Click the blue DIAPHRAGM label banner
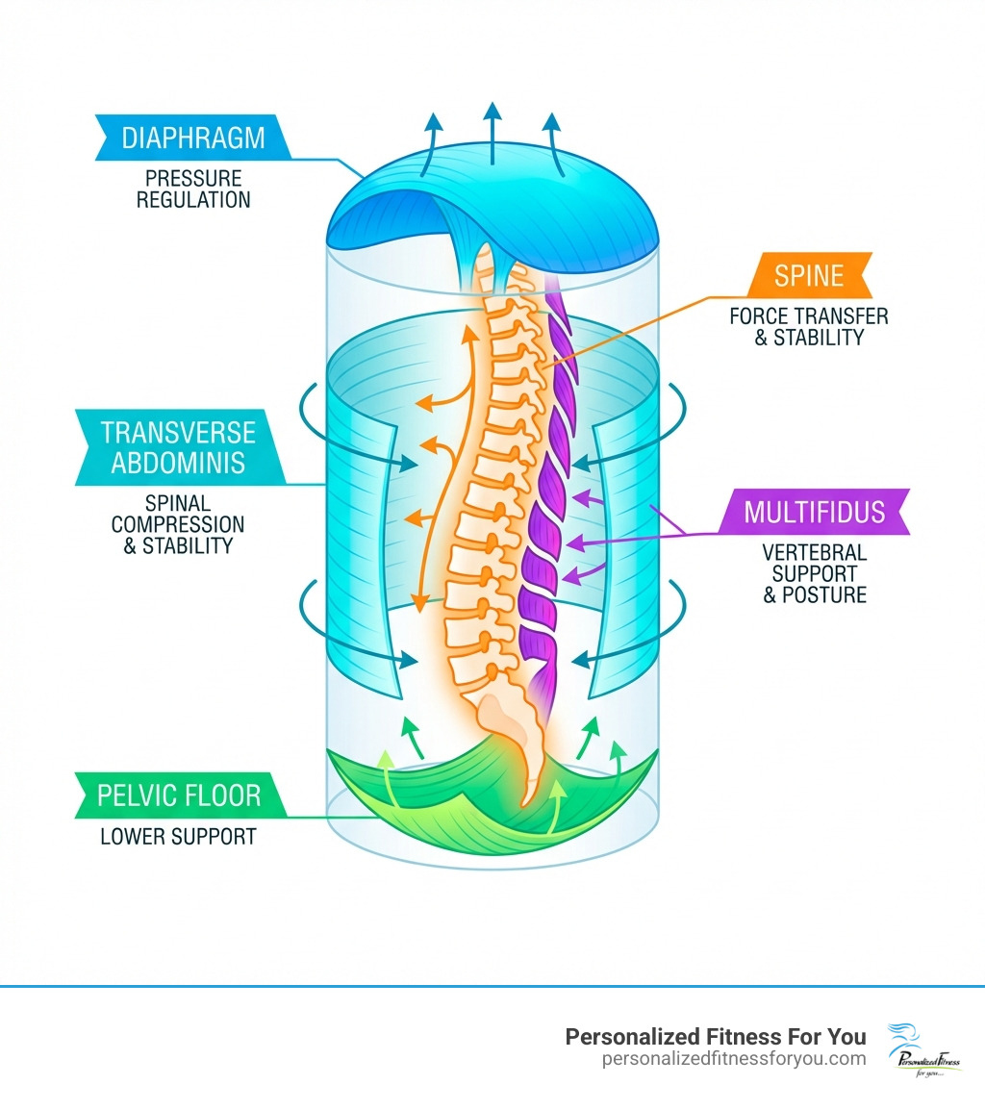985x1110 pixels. click(x=192, y=138)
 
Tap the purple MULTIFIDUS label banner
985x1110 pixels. click(x=813, y=511)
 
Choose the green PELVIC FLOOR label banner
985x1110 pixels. click(x=179, y=796)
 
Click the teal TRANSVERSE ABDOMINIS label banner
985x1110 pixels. click(x=178, y=448)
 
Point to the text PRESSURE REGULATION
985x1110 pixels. click(x=192, y=189)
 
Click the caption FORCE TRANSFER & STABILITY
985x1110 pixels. click(x=808, y=326)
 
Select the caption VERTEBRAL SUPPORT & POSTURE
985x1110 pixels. click(x=814, y=573)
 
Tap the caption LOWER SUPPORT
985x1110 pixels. click(x=178, y=837)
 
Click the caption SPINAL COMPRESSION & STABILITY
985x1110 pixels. click(x=178, y=524)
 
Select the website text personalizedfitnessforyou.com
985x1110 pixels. click(x=733, y=1059)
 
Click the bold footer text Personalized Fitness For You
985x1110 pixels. click(x=715, y=1036)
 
